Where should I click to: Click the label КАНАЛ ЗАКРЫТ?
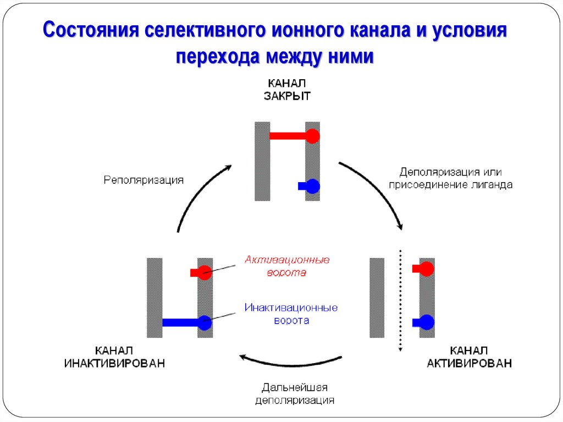pos(289,89)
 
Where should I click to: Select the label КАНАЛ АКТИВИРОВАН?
pos(469,357)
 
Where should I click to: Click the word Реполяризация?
pos(143,180)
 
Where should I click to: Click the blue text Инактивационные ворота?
pos(291,314)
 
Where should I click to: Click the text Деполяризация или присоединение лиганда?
pos(450,178)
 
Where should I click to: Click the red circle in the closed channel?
pos(312,136)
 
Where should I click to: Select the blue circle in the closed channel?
pos(312,187)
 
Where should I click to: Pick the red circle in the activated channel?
pos(427,269)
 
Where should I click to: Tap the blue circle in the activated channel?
pos(427,322)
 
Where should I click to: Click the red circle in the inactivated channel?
pos(205,272)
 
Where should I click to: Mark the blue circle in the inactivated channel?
pos(205,323)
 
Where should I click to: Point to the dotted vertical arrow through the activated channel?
pos(401,300)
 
